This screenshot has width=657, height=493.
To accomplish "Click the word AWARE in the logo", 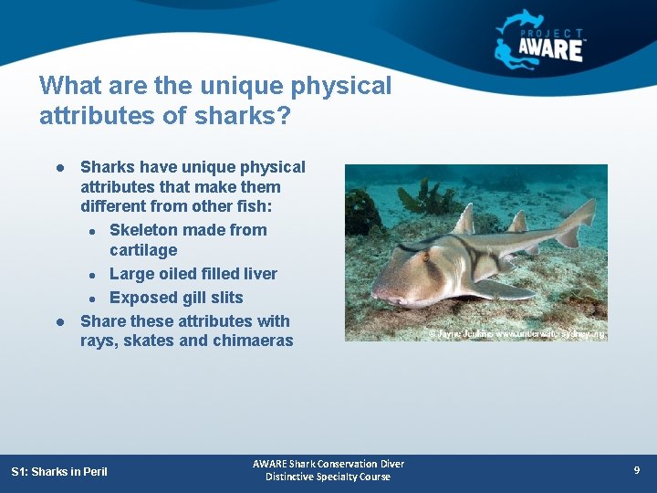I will point(551,48).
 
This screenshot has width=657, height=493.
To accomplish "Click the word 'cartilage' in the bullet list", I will point(143,250).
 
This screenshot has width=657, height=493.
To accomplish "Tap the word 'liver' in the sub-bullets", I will point(258,274).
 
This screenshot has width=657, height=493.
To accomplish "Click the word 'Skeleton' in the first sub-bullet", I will point(142,230).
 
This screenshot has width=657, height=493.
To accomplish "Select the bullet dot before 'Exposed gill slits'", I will point(93,299).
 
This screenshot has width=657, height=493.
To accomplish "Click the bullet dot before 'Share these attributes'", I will point(58,322).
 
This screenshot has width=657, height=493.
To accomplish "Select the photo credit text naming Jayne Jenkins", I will point(516,334).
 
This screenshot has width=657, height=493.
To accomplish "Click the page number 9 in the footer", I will point(637,470).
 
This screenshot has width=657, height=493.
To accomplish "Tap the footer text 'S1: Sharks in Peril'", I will point(59,472).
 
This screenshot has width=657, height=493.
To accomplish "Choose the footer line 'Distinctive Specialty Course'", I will point(328,477).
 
